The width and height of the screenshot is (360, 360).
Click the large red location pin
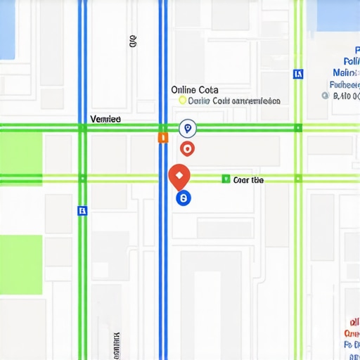(x=179, y=175)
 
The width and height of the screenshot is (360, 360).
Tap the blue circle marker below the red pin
(x=183, y=199)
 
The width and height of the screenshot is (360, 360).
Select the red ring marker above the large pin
(x=187, y=148)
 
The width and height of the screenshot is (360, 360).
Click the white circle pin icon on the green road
(x=187, y=128)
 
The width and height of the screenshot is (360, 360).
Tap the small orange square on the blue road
(x=162, y=138)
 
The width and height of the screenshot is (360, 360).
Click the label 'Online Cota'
(x=195, y=90)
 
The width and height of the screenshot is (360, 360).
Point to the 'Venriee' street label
(x=105, y=120)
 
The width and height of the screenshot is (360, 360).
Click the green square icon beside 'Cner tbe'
(x=226, y=179)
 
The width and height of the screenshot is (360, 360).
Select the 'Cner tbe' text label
(x=248, y=180)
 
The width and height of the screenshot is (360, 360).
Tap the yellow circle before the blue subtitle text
(x=183, y=101)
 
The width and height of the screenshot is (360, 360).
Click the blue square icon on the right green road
(x=298, y=73)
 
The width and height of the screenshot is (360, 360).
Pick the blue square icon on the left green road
(x=82, y=210)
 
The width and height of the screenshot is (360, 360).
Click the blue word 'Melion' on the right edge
(x=345, y=72)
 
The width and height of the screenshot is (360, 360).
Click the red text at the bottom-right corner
(x=352, y=333)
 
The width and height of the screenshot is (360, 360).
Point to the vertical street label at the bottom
(x=115, y=345)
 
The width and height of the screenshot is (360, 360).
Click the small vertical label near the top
(x=133, y=41)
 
